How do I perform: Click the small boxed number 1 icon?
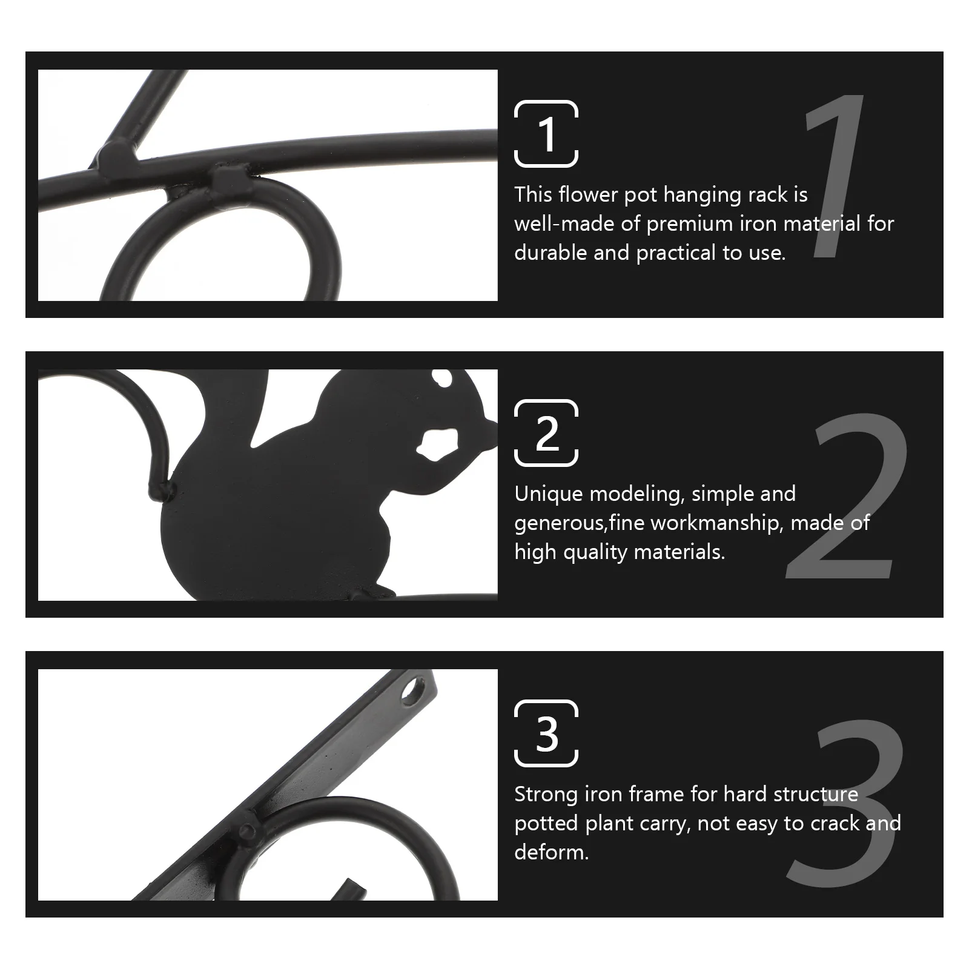pos(546,134)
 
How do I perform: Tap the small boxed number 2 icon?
pos(546,433)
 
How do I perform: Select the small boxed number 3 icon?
pos(546,733)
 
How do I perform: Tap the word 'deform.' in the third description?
pos(551,852)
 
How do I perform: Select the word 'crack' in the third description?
pos(830,823)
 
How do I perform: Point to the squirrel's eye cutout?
pos(443,379)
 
